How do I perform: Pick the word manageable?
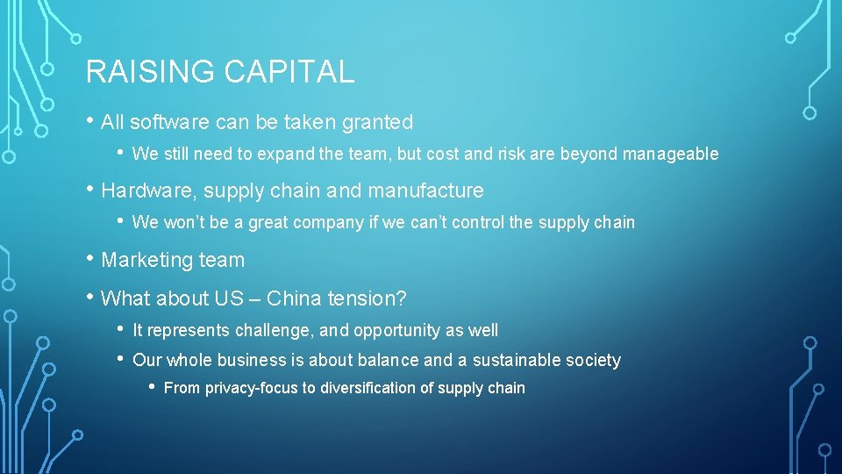click(670, 154)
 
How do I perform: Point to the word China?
click(294, 298)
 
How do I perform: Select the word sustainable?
click(517, 360)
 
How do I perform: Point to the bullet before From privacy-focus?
click(153, 387)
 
